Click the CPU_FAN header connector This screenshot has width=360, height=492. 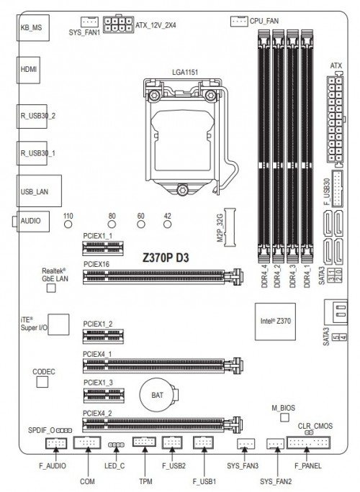(239, 22)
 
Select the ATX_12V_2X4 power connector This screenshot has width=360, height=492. (118, 24)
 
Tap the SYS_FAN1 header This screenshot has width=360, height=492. (89, 22)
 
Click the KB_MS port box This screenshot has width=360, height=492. (32, 27)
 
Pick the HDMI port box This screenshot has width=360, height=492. (28, 70)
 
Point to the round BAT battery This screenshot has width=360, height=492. (158, 395)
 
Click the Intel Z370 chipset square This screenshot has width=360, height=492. (275, 322)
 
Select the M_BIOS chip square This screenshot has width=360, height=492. (284, 417)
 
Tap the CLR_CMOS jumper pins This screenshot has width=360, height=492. (309, 433)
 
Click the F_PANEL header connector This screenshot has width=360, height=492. (308, 443)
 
